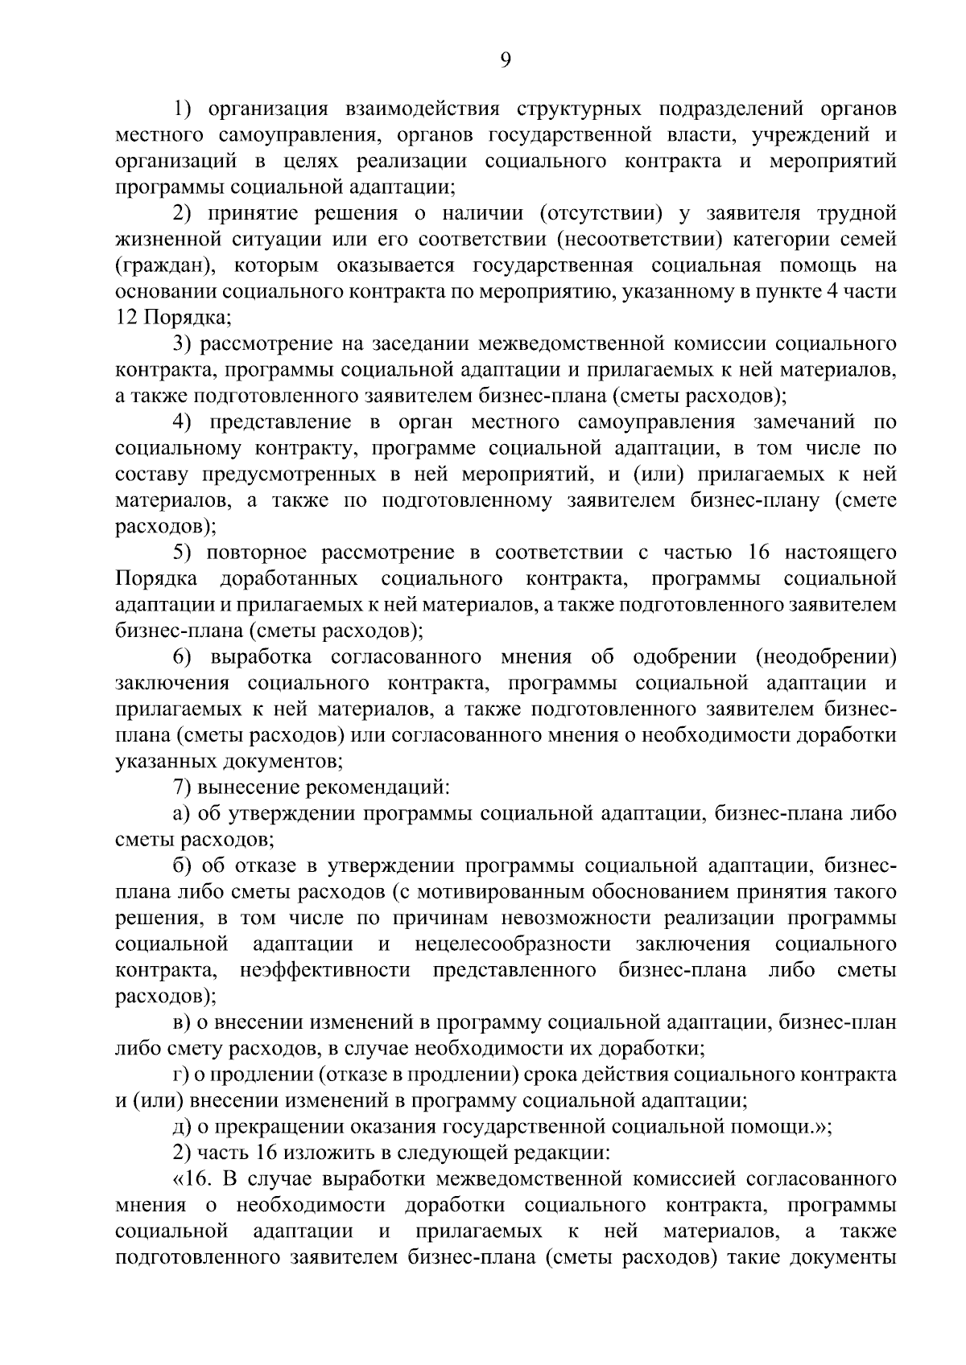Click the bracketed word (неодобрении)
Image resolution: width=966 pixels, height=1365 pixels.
coord(826,657)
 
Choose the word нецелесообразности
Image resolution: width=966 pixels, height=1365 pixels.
coord(513,944)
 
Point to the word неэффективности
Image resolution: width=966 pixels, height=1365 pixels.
coord(325,970)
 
